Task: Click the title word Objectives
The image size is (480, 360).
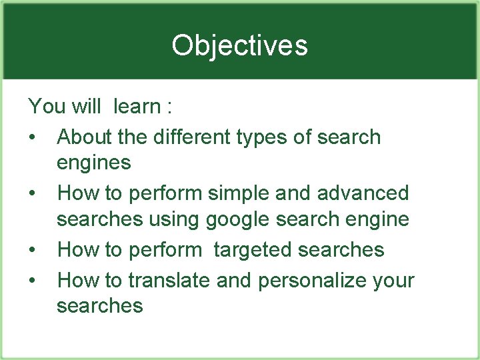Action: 239,45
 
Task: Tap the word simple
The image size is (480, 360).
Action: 240,194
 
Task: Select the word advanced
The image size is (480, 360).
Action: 363,193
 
